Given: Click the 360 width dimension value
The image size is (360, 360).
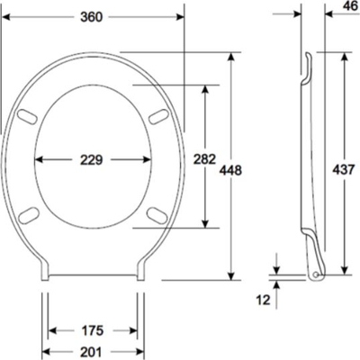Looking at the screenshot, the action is (92, 17).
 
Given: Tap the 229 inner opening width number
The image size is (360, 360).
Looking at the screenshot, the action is (92, 160).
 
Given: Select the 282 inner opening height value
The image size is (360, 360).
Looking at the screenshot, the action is (204, 159).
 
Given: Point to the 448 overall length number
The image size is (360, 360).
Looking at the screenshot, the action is (230, 170).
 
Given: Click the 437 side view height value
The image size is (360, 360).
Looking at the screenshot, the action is (344, 170).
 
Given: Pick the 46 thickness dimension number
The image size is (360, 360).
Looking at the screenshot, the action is (350, 6).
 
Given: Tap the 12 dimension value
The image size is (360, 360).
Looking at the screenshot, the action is (264, 300).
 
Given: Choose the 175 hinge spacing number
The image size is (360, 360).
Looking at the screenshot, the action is (93, 330).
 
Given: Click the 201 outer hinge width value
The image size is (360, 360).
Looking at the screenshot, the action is (92, 352).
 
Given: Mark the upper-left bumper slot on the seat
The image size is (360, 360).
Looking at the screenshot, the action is (27, 116).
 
